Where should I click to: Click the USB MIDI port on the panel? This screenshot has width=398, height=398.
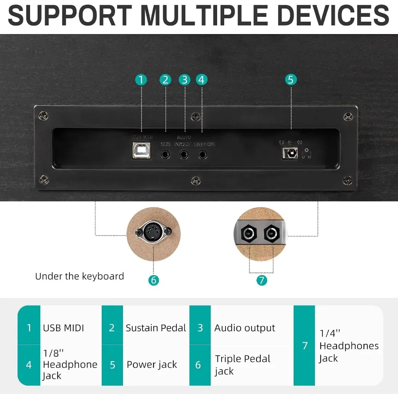pyautogui.click(x=141, y=150)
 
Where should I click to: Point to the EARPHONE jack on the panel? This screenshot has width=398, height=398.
pyautogui.click(x=203, y=155)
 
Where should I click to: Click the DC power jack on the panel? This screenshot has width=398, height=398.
pyautogui.click(x=290, y=153)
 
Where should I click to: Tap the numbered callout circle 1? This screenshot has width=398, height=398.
pyautogui.click(x=141, y=80)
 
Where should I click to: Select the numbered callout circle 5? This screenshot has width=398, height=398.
pyautogui.click(x=290, y=80)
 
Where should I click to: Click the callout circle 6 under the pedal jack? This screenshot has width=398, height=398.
pyautogui.click(x=153, y=279)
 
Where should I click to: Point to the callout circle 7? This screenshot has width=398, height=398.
pyautogui.click(x=261, y=279)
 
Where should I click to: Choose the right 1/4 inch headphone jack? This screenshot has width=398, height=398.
pyautogui.click(x=272, y=233)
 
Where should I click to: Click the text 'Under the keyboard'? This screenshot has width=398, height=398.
pyautogui.click(x=80, y=276)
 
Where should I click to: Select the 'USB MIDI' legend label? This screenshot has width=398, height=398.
pyautogui.click(x=63, y=328)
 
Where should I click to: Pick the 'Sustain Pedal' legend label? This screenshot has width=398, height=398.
pyautogui.click(x=156, y=328)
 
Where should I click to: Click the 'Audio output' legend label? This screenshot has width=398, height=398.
pyautogui.click(x=245, y=328)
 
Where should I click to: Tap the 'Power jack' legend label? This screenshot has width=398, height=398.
pyautogui.click(x=152, y=365)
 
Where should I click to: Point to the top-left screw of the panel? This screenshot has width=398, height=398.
pyautogui.click(x=44, y=116)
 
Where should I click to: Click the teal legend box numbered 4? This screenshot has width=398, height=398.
pyautogui.click(x=29, y=365)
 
